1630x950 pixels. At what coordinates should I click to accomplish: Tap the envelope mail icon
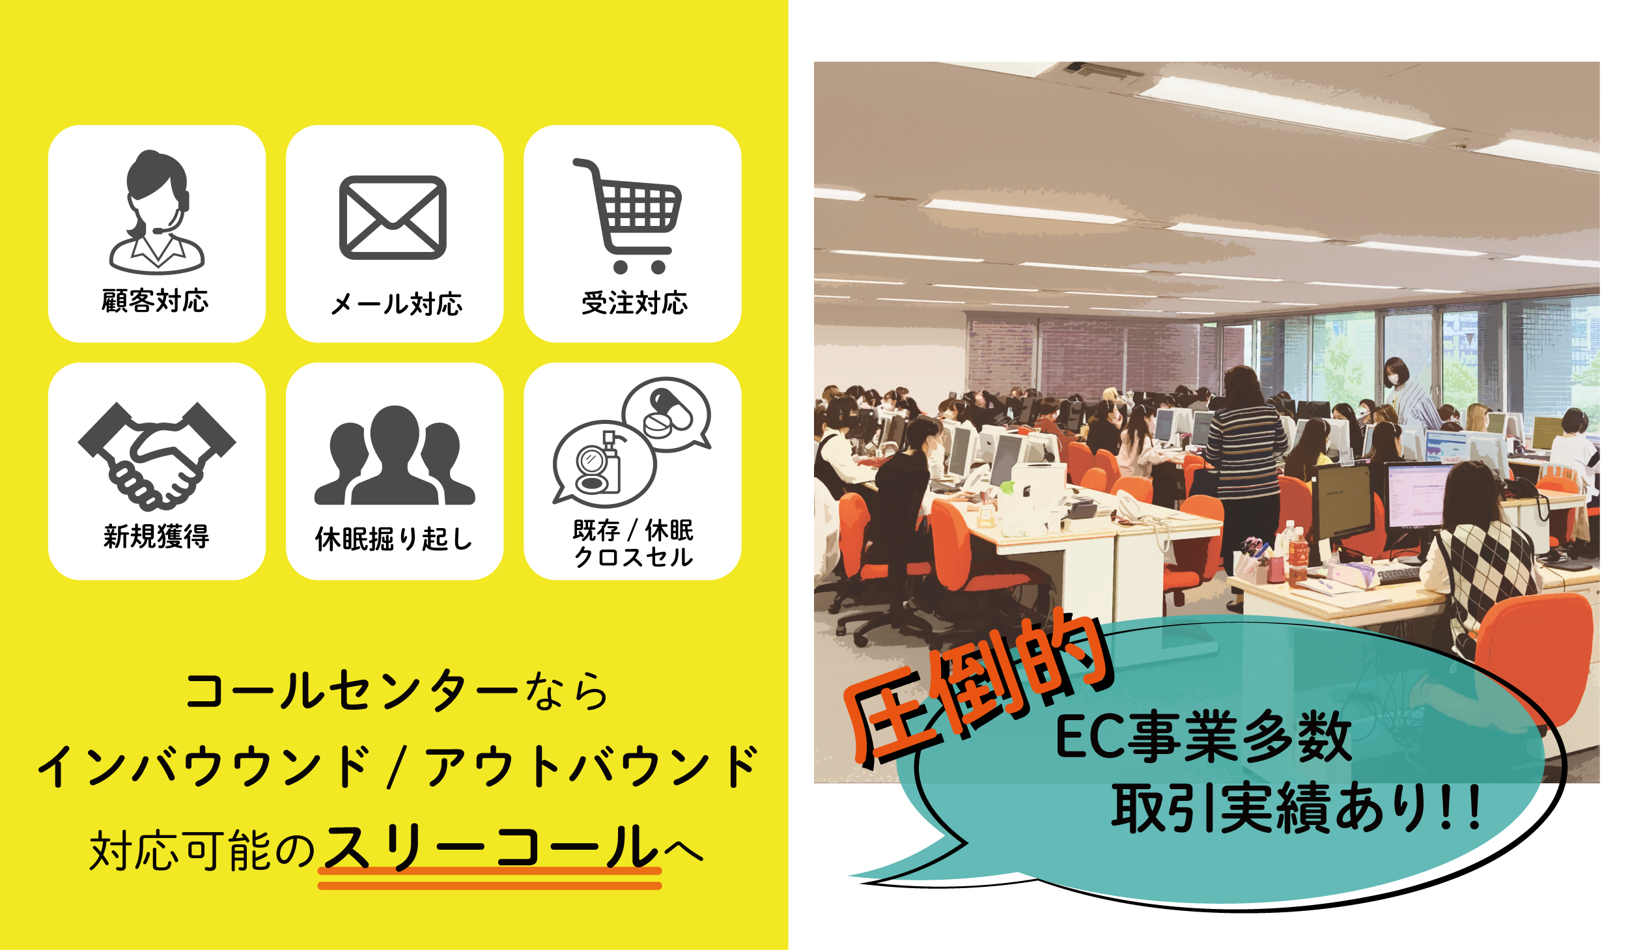393,217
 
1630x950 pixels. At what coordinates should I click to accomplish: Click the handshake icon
157,456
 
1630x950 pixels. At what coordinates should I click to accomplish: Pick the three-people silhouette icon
395,455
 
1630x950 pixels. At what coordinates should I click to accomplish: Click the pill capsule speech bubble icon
667,414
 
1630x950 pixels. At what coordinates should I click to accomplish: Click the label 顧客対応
155,301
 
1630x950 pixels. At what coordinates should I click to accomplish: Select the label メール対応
397,303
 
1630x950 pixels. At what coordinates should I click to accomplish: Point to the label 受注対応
634,303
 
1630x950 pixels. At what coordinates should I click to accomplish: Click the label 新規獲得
156,537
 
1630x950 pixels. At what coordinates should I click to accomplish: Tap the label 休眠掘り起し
394,538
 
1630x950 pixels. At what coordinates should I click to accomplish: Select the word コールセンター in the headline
352,691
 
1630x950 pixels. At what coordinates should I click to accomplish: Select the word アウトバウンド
591,766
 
